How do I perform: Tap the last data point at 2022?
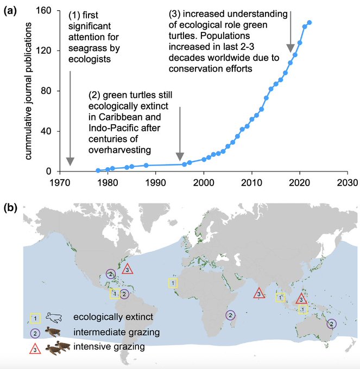coord(310,22)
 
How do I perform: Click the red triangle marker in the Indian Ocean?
coord(259,293)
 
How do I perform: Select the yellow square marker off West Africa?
coord(172,283)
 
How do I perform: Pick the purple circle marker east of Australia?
coord(331,323)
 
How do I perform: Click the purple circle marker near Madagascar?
coord(230,315)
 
